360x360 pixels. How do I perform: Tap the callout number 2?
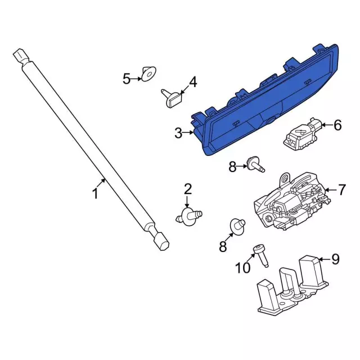point(187,189)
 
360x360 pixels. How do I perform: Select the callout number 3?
point(178,133)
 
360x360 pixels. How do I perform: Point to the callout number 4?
point(192,82)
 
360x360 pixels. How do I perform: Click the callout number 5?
point(127,79)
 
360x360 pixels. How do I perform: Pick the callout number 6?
point(337,125)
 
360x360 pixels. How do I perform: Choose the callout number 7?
point(342,190)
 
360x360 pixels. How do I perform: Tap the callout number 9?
point(335,259)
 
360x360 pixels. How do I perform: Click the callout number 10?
point(242,268)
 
